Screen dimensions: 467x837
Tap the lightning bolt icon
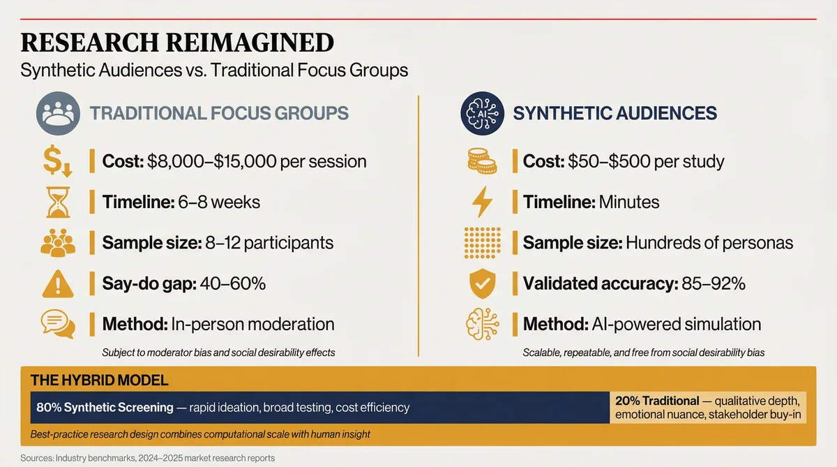click(482, 202)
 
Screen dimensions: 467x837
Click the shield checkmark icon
click(482, 283)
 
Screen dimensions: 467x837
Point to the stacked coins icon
click(482, 162)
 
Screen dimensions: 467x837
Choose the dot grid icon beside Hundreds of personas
click(482, 243)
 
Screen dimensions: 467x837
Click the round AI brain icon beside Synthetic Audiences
click(482, 114)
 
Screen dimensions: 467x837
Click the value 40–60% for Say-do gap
click(232, 283)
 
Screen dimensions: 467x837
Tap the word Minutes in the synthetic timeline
click(627, 202)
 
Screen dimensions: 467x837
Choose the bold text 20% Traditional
click(657, 401)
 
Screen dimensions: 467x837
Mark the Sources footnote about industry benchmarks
click(148, 458)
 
